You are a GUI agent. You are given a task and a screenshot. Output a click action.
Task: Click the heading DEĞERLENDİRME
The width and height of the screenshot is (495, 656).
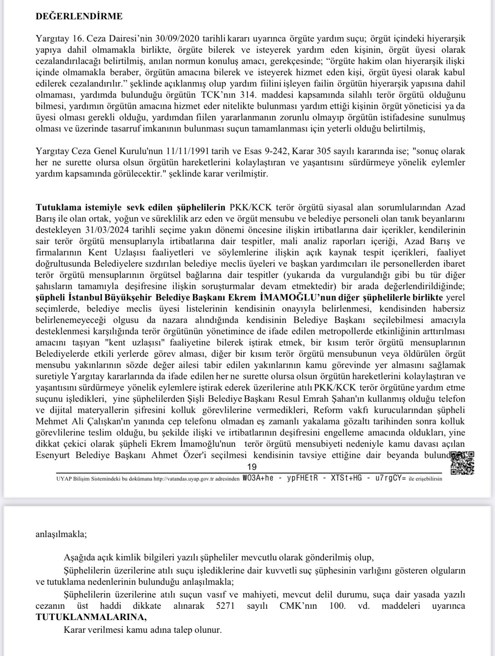79,16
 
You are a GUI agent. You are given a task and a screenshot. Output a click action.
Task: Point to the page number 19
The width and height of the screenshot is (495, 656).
252,467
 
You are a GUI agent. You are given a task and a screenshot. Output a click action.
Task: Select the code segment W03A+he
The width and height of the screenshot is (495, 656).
258,479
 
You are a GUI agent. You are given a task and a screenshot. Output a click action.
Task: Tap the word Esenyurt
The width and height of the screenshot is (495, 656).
53,455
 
